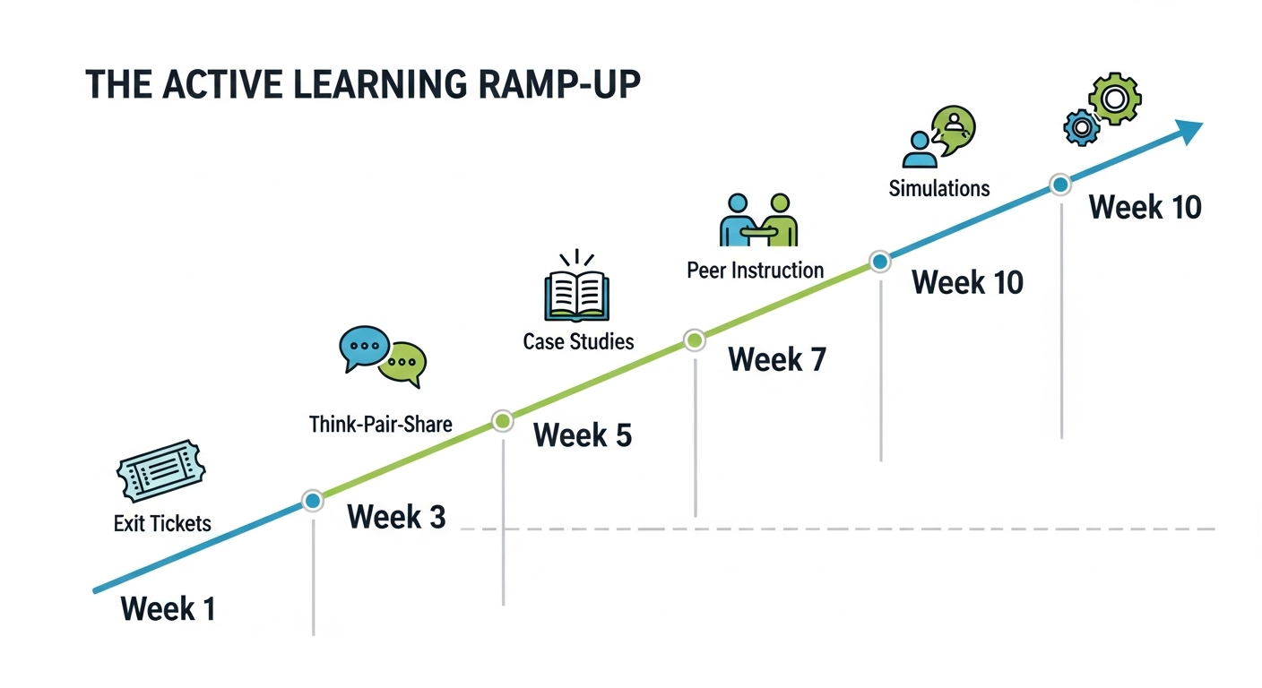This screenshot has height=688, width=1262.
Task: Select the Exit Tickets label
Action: pyautogui.click(x=162, y=523)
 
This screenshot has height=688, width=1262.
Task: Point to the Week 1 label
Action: pyautogui.click(x=168, y=609)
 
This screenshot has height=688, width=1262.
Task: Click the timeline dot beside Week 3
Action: pyautogui.click(x=312, y=501)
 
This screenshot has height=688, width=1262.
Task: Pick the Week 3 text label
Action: pyautogui.click(x=395, y=517)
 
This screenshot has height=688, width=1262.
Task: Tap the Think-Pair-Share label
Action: pyautogui.click(x=381, y=424)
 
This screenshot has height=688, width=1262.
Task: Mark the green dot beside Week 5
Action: pyautogui.click(x=503, y=420)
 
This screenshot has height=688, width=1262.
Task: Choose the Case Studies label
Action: pyautogui.click(x=578, y=341)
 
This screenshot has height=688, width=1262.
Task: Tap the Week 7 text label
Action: pyautogui.click(x=776, y=360)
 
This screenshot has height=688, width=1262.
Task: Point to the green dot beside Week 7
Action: pyautogui.click(x=694, y=340)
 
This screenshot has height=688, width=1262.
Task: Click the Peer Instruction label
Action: pyautogui.click(x=755, y=270)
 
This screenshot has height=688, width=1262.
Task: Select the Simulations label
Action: pyautogui.click(x=939, y=189)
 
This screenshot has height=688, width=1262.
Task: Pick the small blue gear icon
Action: pyautogui.click(x=1082, y=128)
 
